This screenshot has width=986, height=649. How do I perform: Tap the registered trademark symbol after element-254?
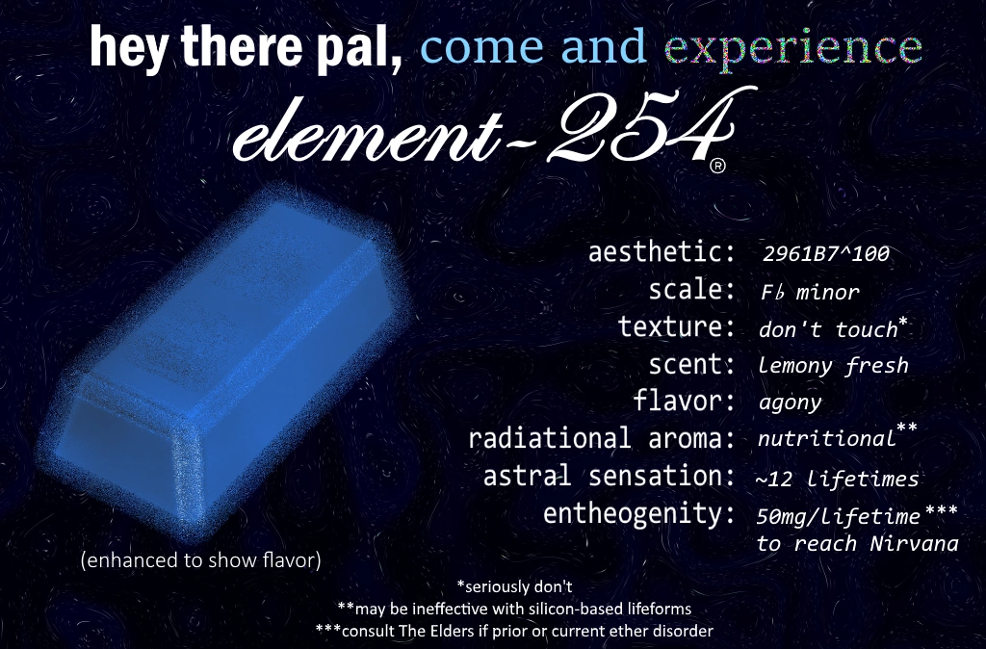coord(717,167)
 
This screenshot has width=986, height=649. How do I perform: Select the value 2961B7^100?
coord(824,255)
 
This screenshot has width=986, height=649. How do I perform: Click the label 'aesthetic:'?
coord(662,253)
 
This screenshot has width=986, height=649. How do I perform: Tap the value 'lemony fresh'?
coord(833,365)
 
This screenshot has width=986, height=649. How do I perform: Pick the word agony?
coord(790,402)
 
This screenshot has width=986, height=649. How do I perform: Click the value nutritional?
coord(826,439)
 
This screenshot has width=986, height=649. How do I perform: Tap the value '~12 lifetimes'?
coord(838,479)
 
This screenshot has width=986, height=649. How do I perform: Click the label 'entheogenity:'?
coord(633,513)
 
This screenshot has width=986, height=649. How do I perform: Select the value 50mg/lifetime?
coord(838,516)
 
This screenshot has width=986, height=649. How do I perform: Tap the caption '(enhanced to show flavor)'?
coord(200,559)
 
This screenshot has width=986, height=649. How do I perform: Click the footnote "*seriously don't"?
coord(515,585)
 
